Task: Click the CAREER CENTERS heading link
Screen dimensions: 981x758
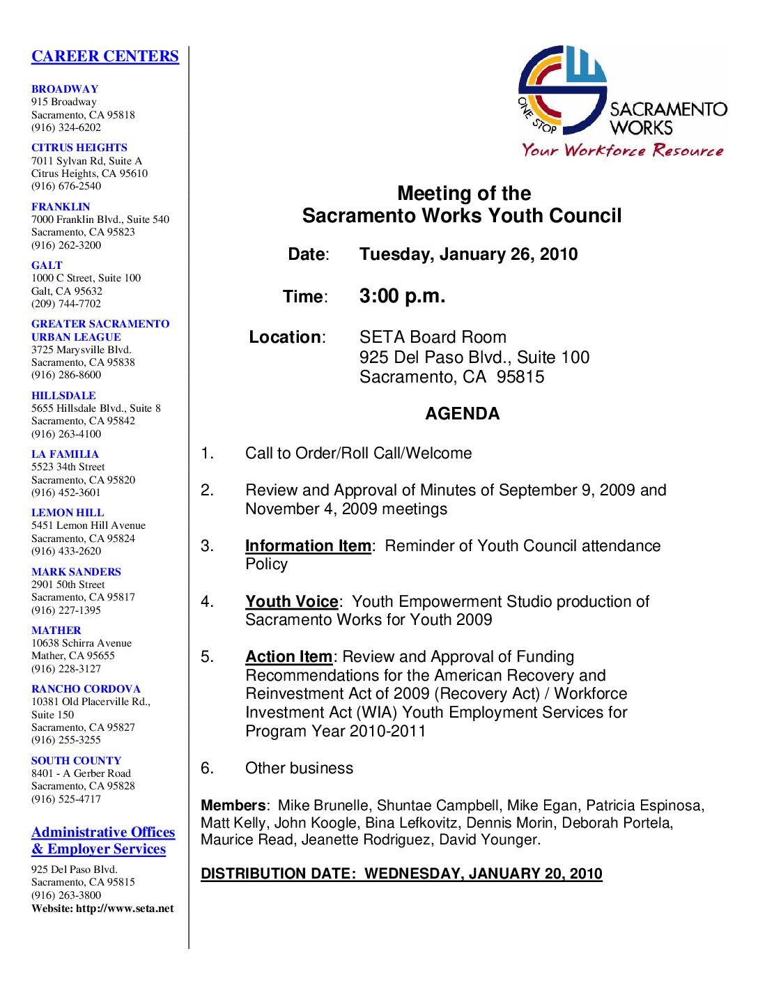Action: [x=105, y=56]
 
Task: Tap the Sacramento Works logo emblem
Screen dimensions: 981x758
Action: [x=562, y=89]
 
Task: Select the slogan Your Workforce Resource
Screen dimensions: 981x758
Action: [x=623, y=150]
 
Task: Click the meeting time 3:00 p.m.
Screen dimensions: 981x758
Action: [x=402, y=296]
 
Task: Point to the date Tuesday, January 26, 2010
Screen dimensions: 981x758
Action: [x=468, y=254]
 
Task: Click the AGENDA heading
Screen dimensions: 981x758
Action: [x=462, y=414]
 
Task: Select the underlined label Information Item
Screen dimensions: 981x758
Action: [x=308, y=546]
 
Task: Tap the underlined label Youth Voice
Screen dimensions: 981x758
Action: [x=291, y=601]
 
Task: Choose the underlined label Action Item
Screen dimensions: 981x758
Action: [x=288, y=656]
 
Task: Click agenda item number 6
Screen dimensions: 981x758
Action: [x=207, y=768]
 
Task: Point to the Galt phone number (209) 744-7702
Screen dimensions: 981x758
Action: [x=66, y=304]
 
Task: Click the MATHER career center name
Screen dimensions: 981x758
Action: [x=56, y=630]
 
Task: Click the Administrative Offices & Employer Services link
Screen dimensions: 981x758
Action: [x=103, y=840]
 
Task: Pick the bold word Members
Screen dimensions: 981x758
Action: [x=233, y=806]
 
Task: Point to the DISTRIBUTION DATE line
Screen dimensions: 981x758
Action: [x=401, y=874]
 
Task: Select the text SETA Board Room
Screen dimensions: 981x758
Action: [x=433, y=337]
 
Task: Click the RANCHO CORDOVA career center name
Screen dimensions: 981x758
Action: [x=86, y=688]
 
